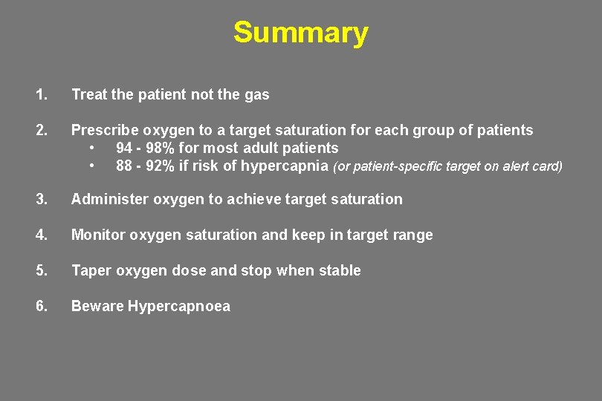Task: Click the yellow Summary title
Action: [x=300, y=33]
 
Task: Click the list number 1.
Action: [x=41, y=94]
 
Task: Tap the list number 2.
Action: [x=41, y=130]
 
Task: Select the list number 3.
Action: [x=41, y=199]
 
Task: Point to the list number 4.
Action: [x=41, y=235]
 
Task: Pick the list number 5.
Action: [x=41, y=270]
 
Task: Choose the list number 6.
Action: [x=41, y=306]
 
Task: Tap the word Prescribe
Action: [x=102, y=130]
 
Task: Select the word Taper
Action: [x=88, y=270]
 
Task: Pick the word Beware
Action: [x=97, y=306]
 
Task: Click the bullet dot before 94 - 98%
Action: [x=91, y=148]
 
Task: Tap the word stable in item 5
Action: [x=340, y=270]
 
